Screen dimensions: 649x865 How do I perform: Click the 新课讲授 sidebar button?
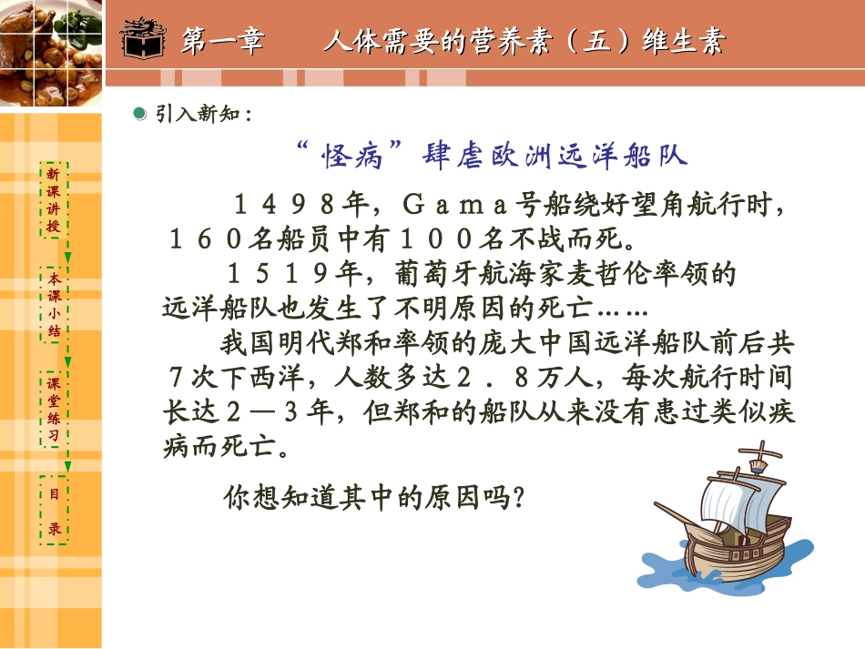click(54, 199)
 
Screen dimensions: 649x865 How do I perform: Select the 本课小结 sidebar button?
click(54, 305)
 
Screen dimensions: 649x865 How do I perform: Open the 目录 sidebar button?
click(54, 511)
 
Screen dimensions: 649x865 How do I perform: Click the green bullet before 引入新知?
click(139, 113)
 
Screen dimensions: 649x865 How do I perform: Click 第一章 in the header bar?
click(222, 42)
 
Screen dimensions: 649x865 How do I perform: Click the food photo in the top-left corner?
click(51, 50)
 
